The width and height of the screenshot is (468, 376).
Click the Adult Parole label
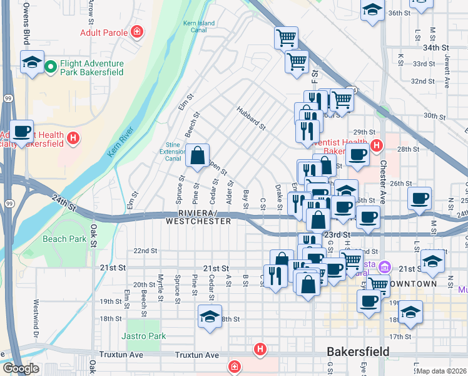click(x=104, y=32)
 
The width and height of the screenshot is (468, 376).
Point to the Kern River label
click(x=121, y=142)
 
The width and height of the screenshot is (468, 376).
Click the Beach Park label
click(x=64, y=239)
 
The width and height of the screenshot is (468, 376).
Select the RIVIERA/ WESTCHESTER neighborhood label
click(x=198, y=217)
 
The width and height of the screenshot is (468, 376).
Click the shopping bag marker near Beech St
click(x=197, y=155)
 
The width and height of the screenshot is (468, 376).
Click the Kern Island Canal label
click(x=199, y=27)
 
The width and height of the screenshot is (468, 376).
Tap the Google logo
click(x=21, y=368)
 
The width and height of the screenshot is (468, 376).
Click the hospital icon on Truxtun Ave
click(x=259, y=348)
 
